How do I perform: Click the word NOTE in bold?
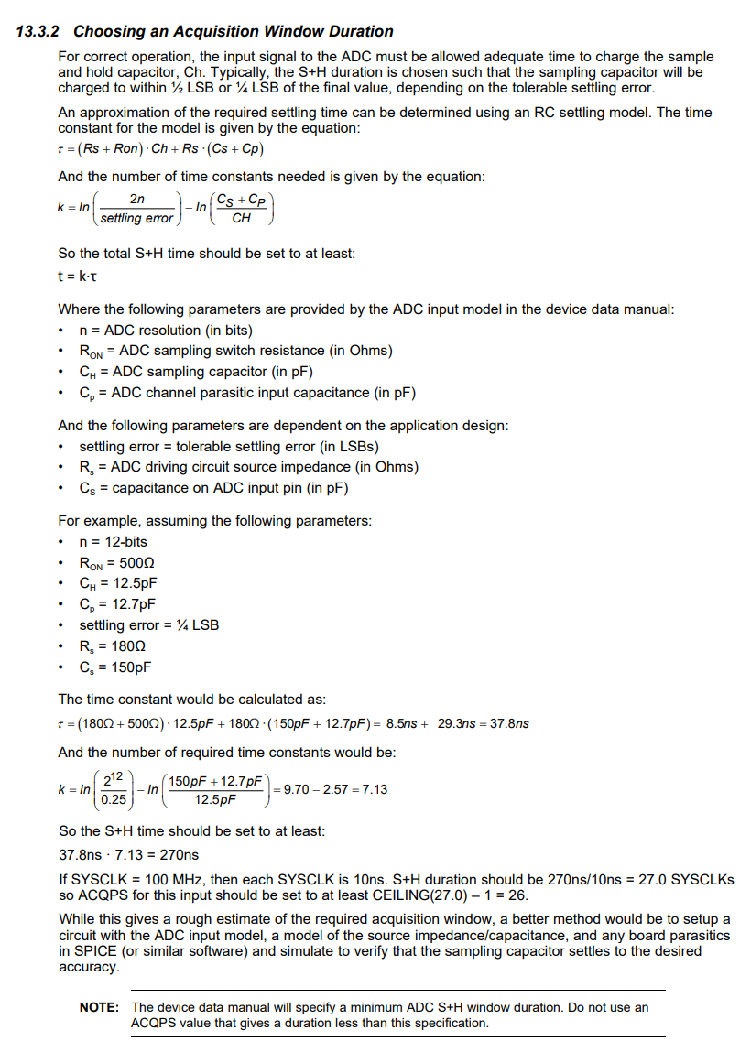[x=99, y=1007]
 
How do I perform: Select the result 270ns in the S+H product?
[x=179, y=855]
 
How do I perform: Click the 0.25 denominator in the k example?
[x=114, y=798]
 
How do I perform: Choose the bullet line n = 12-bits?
[x=114, y=541]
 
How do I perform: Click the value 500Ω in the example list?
[x=137, y=562]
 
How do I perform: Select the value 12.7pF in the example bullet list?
[x=133, y=604]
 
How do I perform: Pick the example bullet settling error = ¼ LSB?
[x=149, y=625]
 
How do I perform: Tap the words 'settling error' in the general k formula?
[x=136, y=218]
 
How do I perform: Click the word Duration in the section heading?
[x=355, y=32]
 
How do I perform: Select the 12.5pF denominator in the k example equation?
[x=215, y=799]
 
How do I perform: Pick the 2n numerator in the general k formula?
[x=136, y=199]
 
